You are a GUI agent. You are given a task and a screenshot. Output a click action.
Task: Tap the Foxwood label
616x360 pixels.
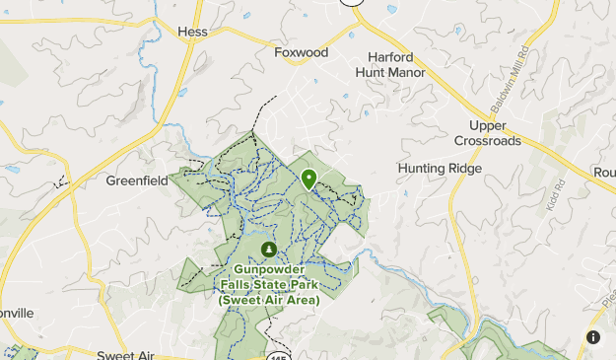tap(301, 51)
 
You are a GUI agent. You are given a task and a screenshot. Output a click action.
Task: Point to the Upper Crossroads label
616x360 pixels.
tap(487, 133)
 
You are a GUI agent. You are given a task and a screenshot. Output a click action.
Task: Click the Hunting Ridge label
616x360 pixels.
tap(440, 169)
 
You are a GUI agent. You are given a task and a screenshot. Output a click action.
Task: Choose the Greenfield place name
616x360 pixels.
tap(137, 181)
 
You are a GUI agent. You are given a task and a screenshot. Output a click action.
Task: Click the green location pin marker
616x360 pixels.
tap(308, 179)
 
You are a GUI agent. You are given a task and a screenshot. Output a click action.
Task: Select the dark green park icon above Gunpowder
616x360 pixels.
tap(269, 249)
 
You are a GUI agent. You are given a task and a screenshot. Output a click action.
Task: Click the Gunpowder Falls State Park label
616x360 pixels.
tap(269, 284)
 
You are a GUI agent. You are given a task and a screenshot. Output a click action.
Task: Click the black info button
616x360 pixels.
tap(593, 337)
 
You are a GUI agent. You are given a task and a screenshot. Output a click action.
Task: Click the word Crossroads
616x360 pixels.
tap(487, 141)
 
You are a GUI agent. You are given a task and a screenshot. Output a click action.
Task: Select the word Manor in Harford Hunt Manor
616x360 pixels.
tap(406, 72)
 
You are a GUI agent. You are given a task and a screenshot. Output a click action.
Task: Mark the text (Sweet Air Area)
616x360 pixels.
tap(269, 300)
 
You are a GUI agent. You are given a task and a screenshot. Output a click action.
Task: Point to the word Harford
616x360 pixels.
tap(390, 56)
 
